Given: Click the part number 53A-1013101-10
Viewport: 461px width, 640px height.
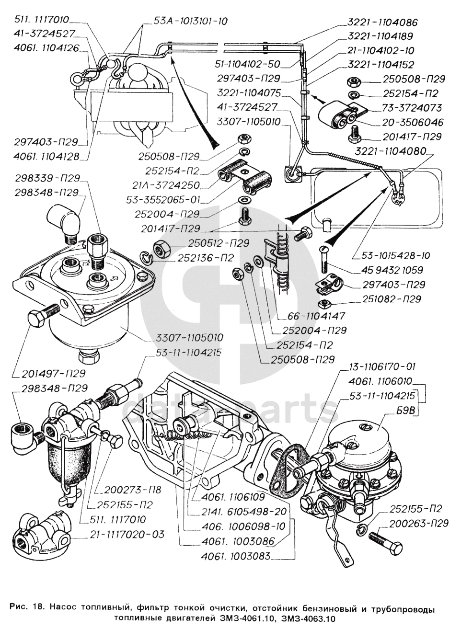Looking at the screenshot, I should (x=191, y=21).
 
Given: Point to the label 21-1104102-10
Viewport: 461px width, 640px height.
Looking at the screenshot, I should (x=380, y=50).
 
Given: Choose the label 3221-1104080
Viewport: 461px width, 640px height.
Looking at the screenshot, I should (x=391, y=151).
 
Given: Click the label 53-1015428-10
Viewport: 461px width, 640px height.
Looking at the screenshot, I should (x=389, y=255).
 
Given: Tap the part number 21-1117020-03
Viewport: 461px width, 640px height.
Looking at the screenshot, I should (x=128, y=534).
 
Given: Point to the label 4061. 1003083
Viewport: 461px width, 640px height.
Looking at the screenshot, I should (x=237, y=556).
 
